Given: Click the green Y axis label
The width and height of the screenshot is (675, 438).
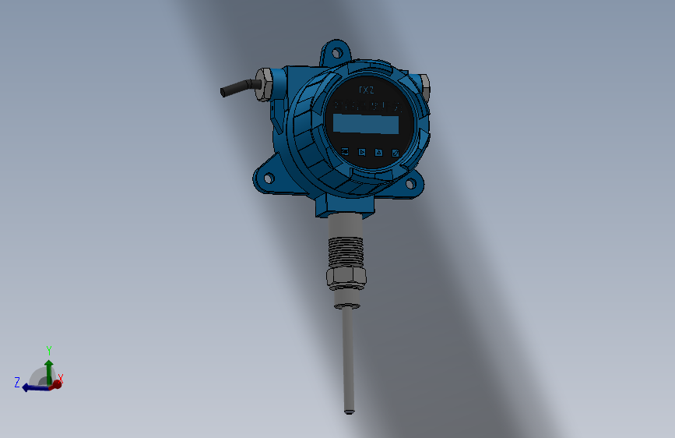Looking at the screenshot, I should (x=48, y=350).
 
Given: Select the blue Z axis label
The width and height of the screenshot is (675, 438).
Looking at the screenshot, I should (x=16, y=382).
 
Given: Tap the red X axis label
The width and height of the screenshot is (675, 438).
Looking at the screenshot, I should (x=61, y=378).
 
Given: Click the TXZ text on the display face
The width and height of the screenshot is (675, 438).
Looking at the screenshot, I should (x=366, y=90).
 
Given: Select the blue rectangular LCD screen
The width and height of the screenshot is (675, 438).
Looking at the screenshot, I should (x=365, y=124).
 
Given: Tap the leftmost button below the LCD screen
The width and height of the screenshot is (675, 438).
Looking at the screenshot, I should (x=344, y=151).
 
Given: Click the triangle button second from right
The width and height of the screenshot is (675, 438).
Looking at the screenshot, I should (x=379, y=153).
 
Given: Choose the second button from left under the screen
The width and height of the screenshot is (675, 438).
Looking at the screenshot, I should (x=361, y=152).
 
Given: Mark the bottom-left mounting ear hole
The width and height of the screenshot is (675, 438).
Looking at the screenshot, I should (x=268, y=178).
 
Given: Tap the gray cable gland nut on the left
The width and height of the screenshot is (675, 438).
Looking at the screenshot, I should (x=264, y=84).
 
